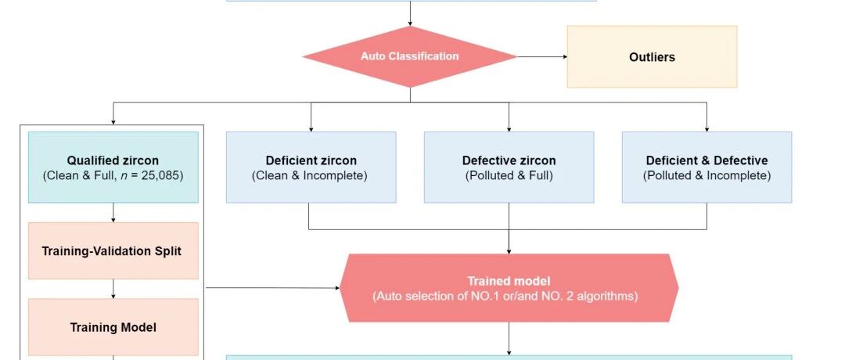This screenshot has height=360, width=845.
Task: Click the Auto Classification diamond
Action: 409,56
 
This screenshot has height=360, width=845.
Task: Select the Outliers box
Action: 652,56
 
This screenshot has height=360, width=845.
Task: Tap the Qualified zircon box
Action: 113,167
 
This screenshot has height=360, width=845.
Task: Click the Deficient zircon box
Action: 311,167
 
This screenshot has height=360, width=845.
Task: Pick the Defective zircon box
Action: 509,167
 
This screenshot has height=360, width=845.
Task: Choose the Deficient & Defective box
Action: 707,167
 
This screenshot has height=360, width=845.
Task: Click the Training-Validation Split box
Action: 113,250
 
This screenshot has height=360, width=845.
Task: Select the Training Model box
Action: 113,327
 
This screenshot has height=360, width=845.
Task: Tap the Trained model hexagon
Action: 509,288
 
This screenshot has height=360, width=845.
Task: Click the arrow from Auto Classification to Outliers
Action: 542,56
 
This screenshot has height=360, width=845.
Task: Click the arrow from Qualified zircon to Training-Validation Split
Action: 113,213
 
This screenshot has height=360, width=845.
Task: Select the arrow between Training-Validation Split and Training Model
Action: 113,290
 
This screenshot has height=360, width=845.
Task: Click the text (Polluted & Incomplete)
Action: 707,175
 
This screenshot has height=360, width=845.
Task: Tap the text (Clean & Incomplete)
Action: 310,175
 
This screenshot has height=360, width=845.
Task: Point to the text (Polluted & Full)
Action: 509,175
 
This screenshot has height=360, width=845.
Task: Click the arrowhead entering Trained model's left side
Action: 336,288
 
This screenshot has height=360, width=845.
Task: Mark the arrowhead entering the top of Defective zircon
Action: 509,128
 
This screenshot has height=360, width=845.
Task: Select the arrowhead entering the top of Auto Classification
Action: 409,23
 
